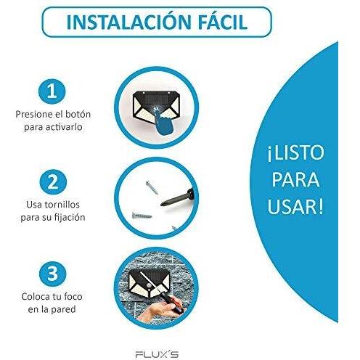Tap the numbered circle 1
click(x=52, y=91)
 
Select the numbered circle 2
click(x=53, y=182)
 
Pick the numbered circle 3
click(x=52, y=274)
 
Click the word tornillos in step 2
click(x=62, y=205)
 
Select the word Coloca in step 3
click(x=36, y=297)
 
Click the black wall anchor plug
click(x=177, y=198)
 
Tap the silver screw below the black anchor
click(x=142, y=215)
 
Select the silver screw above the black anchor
click(x=152, y=187)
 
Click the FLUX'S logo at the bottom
click(x=157, y=355)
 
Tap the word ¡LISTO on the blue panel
click(x=295, y=153)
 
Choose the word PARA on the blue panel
click(x=295, y=179)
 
